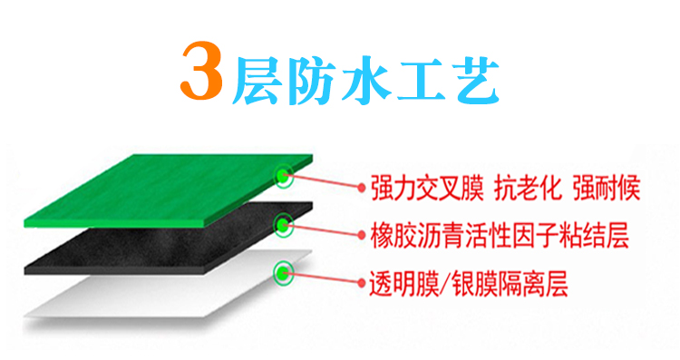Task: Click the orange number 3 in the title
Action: point(201,70)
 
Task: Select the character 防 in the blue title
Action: point(310,81)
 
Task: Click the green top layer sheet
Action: point(169,190)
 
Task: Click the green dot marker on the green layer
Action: point(283,177)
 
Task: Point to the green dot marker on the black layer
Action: point(283,225)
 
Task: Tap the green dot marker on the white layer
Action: point(283,273)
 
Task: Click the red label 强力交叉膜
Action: point(427,188)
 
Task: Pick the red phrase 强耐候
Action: point(607,188)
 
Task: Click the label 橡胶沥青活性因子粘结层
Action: point(500,235)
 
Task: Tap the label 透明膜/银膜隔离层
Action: point(469,284)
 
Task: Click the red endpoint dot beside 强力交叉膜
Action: point(361,187)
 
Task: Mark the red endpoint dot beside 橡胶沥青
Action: point(361,235)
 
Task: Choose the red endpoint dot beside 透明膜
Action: point(361,283)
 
